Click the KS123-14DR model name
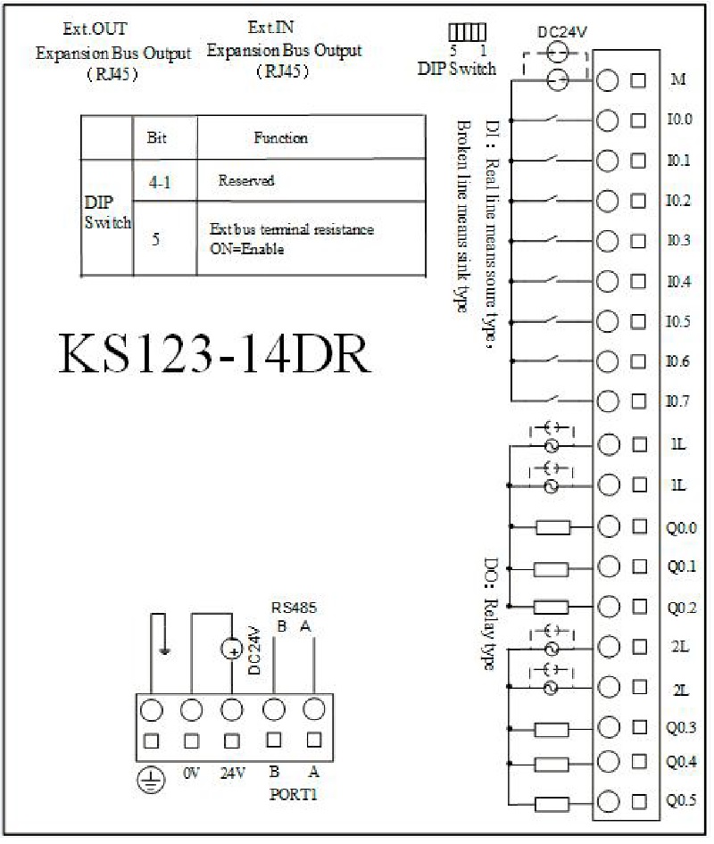pos(214,353)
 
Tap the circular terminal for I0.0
pos(608,120)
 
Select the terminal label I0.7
pos(678,401)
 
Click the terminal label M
pos(678,79)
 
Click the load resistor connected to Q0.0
pos(553,527)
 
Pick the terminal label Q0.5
pos(682,800)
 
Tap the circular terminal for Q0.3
pos(609,728)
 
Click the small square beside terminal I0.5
pos(639,322)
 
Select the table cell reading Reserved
pos(246,180)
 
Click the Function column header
pos(280,137)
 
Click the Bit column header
pos(157,137)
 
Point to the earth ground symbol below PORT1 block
pos(152,780)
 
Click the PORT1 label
pos(294,794)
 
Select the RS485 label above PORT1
pos(294,608)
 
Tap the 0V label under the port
pos(192,774)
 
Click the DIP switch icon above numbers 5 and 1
pos(468,32)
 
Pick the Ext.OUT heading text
pos(95,29)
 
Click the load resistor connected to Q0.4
pos(551,764)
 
